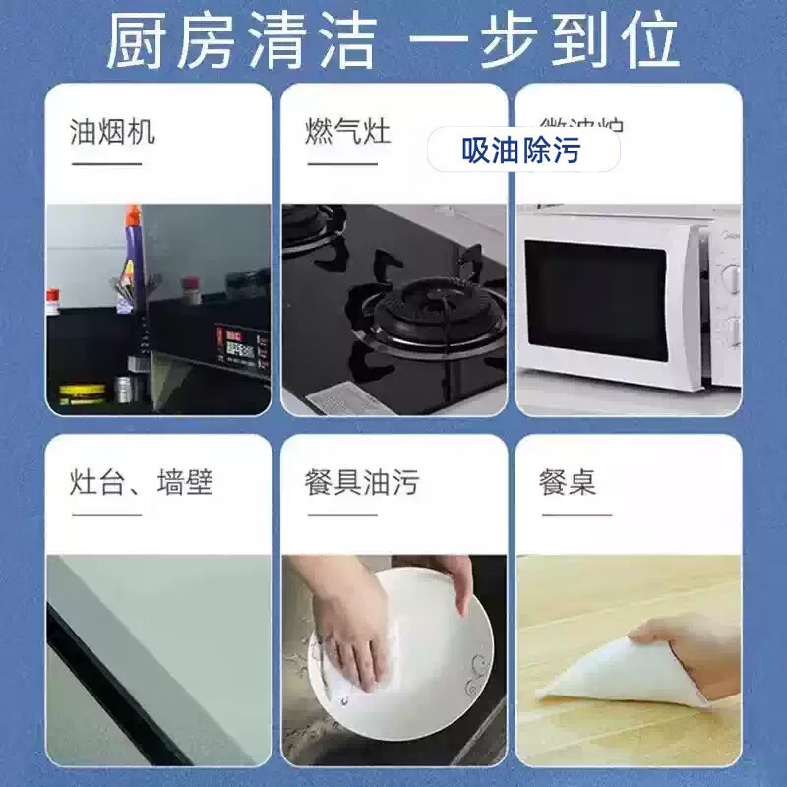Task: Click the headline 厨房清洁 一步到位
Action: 393,41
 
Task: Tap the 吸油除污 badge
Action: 522,151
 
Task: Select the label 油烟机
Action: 112,132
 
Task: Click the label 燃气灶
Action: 347,132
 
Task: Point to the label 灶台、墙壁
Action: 142,483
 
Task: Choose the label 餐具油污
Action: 361,483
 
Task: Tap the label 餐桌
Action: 568,483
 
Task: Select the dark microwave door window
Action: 599,301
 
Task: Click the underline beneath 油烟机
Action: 106,163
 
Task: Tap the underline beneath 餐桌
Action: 575,514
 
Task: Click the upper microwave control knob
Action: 731,276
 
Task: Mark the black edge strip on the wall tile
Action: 108,679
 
